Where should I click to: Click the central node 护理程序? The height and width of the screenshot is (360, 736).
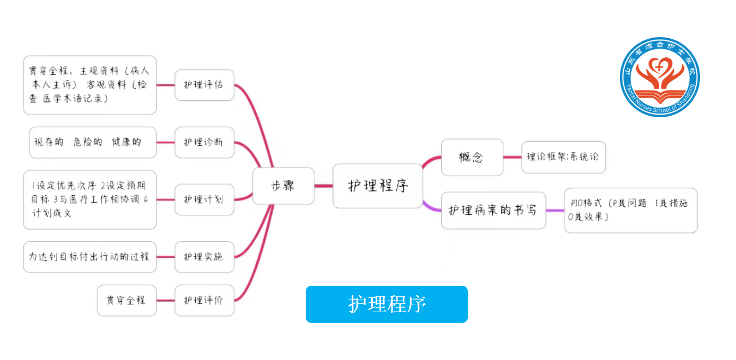click(x=378, y=186)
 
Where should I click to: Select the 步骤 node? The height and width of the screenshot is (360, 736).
click(x=283, y=186)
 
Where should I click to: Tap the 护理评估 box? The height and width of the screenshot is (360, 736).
click(x=204, y=85)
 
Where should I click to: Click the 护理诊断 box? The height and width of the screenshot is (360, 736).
click(x=204, y=142)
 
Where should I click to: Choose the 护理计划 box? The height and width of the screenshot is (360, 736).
click(x=204, y=200)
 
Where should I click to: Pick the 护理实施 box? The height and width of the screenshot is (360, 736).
click(x=204, y=257)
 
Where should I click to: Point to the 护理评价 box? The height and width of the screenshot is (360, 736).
click(x=204, y=300)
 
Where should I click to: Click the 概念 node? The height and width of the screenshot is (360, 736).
click(x=472, y=157)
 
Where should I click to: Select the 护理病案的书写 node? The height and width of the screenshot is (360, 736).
click(x=493, y=210)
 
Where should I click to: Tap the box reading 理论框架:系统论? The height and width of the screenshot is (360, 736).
click(x=563, y=157)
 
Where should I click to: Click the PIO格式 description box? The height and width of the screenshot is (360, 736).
click(x=630, y=210)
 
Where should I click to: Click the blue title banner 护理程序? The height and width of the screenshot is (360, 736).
click(x=387, y=304)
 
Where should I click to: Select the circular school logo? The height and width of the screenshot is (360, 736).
click(x=660, y=77)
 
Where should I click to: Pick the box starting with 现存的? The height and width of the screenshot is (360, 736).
click(x=93, y=142)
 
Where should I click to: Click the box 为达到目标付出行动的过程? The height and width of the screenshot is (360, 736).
click(x=89, y=257)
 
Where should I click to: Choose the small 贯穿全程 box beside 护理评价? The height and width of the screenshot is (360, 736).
click(x=126, y=300)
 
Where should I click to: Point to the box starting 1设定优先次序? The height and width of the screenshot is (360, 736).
click(x=89, y=200)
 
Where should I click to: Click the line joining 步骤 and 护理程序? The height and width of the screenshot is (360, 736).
click(x=323, y=186)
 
